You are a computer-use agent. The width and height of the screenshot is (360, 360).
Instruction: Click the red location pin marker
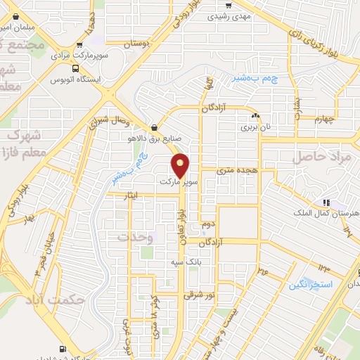181,165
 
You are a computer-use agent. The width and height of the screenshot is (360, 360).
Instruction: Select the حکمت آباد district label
83,300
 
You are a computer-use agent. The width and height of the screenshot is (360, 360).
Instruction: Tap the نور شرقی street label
197,295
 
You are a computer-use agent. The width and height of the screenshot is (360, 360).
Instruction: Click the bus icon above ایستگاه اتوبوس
75,68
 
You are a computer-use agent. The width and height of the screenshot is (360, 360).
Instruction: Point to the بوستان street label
138,44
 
